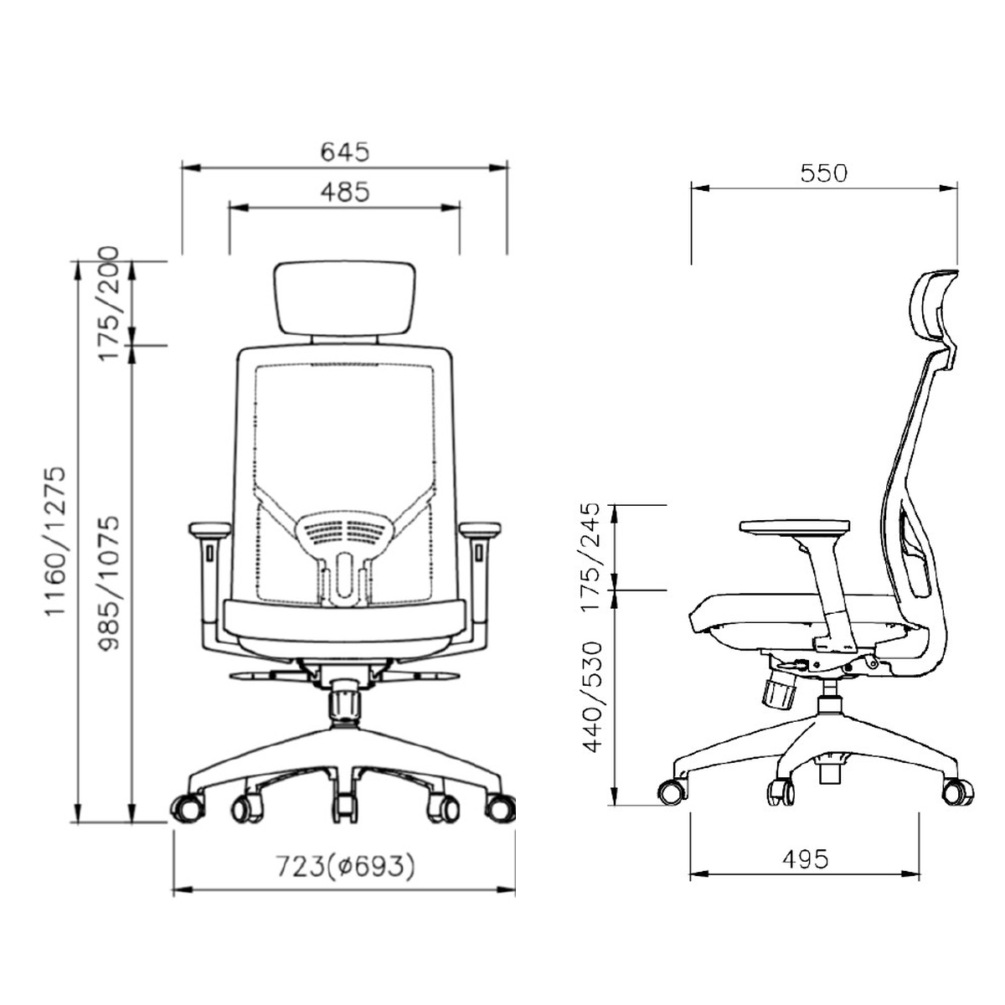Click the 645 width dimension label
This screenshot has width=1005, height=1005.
(345, 152)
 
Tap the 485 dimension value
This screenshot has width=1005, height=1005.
(345, 192)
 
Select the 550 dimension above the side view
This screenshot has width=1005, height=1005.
(824, 173)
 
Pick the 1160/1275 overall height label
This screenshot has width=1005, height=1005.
(55, 542)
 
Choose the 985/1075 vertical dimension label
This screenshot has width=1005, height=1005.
(110, 583)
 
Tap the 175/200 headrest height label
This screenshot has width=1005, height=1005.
(109, 304)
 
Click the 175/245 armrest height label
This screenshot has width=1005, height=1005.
(591, 556)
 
